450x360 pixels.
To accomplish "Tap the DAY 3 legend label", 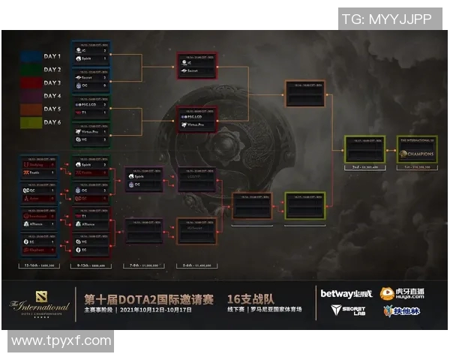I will click(x=52, y=83).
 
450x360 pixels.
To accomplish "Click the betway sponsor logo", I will click(x=345, y=293).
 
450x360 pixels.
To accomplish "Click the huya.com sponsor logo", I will click(x=402, y=294).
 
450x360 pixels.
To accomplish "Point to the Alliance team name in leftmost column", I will click(x=39, y=223).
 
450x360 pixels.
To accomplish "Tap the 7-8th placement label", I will click(x=143, y=265).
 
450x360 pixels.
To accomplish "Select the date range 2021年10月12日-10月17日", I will click(x=169, y=308).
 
